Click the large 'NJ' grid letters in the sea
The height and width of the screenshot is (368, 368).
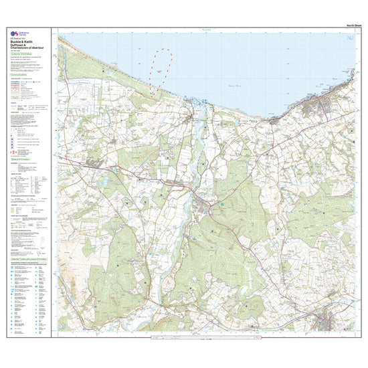[x=349, y=39]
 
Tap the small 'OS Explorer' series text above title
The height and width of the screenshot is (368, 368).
[x=17, y=38]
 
